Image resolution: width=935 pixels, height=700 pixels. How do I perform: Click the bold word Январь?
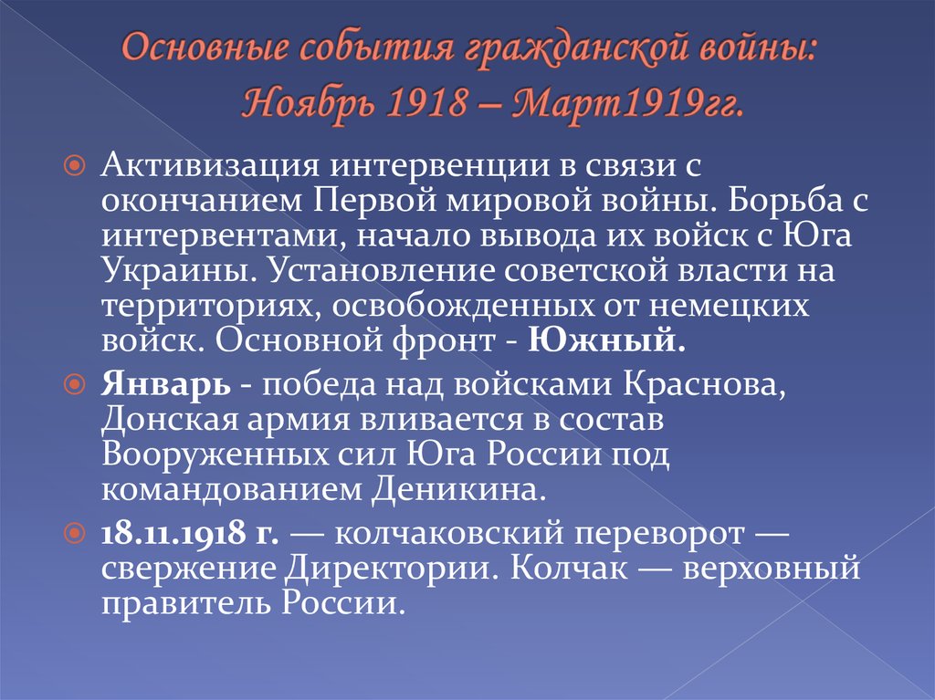point(165,386)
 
